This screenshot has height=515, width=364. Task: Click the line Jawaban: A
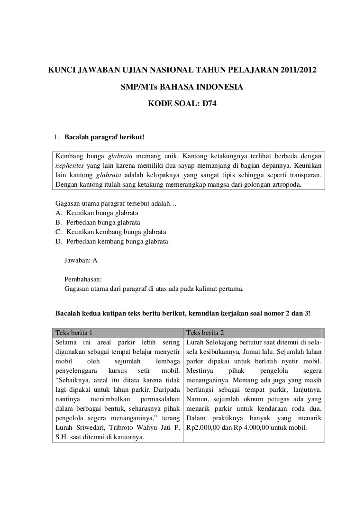coord(81,260)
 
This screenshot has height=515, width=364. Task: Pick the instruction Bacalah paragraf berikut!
coord(104,138)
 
